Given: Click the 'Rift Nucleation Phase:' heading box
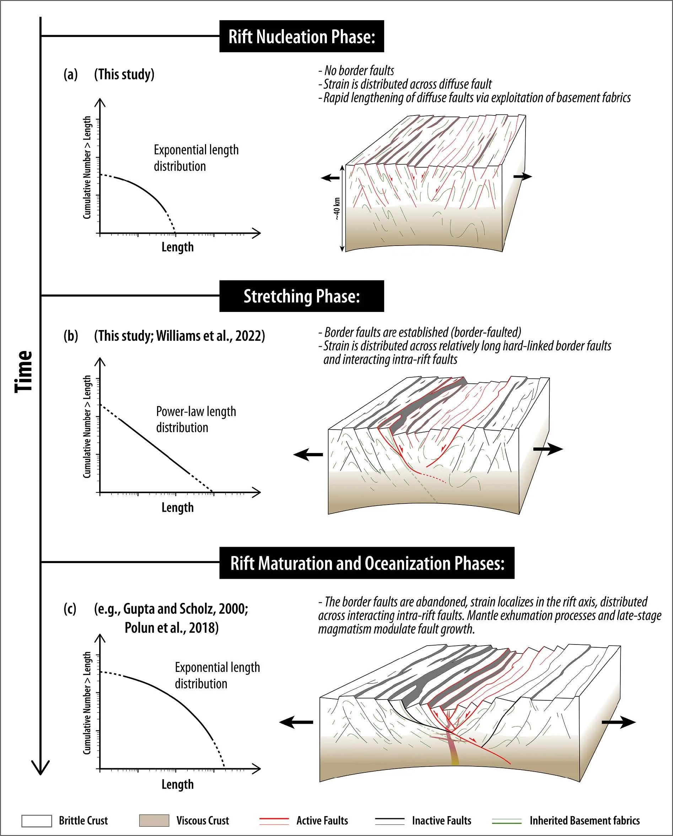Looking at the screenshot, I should pyautogui.click(x=301, y=37).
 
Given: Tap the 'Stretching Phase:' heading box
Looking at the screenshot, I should pyautogui.click(x=301, y=296).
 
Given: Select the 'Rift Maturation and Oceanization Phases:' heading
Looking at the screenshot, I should pyautogui.click(x=367, y=563).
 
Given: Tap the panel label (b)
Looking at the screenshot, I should pyautogui.click(x=71, y=335).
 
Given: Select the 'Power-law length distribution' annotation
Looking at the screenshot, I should pyautogui.click(x=196, y=419).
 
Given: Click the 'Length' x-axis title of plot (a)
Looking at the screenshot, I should pyautogui.click(x=177, y=247).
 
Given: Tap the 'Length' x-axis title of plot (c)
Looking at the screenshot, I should pyautogui.click(x=177, y=784).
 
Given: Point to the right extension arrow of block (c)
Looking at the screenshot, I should pyautogui.click(x=619, y=722).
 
